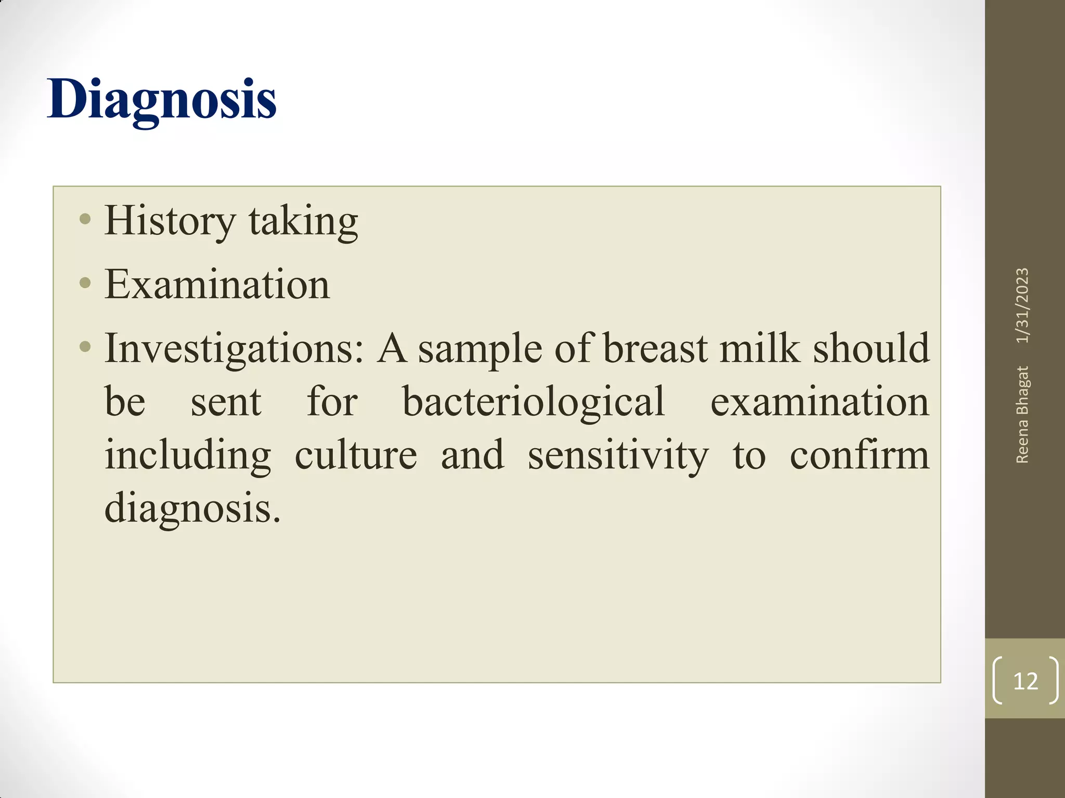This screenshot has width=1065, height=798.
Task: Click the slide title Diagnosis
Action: [161, 100]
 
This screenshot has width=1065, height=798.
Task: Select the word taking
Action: [303, 222]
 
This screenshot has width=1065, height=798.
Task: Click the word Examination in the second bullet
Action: [217, 285]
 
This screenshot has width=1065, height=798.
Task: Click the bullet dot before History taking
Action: [85, 219]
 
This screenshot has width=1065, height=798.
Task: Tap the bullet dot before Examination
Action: [85, 283]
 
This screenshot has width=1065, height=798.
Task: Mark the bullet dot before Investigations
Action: [85, 346]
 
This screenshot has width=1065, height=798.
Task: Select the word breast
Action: [655, 349]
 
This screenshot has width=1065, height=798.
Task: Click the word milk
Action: [760, 349]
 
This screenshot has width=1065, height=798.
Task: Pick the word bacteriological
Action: [534, 402]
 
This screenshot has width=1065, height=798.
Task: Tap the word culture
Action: [356, 455]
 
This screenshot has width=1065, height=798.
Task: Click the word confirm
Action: [859, 455]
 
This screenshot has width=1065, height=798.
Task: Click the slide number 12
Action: [1025, 681]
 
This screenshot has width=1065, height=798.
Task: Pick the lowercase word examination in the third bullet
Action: [820, 402]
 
